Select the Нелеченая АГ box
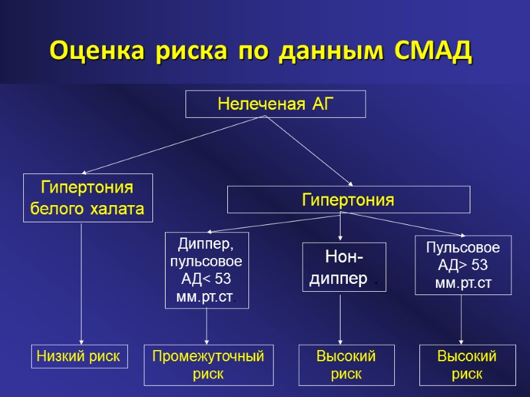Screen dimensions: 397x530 (276, 104)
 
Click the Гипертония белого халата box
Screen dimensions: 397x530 (88, 198)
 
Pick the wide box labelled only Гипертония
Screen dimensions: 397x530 (348, 199)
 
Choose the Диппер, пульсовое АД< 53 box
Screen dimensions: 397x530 (207, 270)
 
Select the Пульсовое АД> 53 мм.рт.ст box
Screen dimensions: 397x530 (462, 265)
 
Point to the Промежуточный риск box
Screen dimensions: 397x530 (209, 365)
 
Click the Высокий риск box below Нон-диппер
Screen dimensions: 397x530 (346, 365)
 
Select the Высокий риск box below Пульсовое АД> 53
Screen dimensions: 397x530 (466, 365)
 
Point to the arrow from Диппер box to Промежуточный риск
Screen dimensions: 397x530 (207, 326)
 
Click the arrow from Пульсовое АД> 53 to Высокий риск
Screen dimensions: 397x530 (462, 320)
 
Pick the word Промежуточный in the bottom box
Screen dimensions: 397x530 (209, 357)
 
